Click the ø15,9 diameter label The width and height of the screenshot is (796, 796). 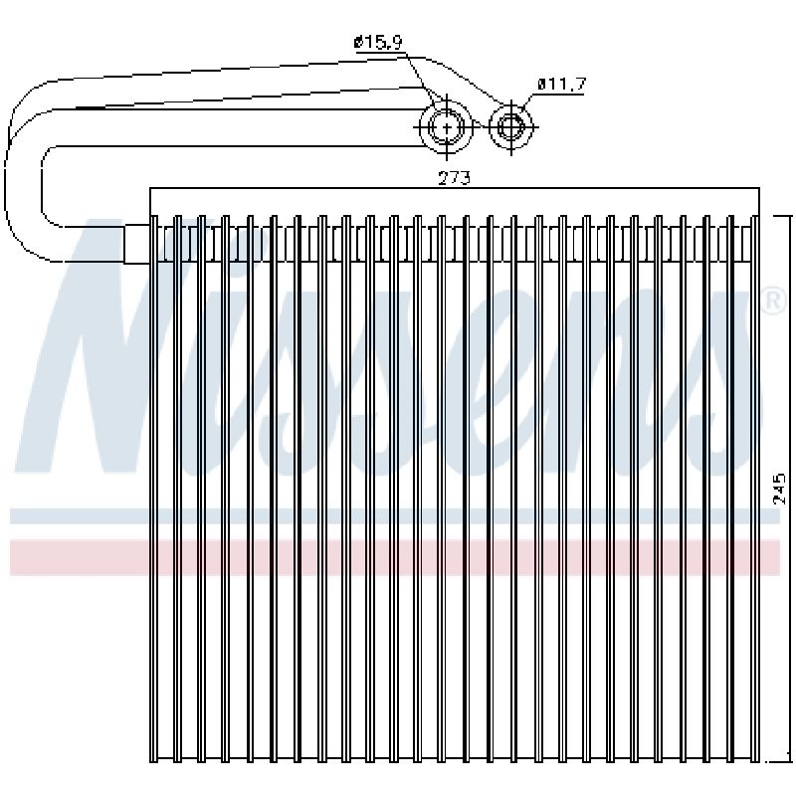[379, 42]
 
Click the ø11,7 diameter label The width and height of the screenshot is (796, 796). [562, 84]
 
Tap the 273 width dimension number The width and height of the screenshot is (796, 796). [455, 178]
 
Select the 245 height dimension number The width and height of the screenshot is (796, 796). [779, 489]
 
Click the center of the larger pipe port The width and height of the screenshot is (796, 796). [446, 127]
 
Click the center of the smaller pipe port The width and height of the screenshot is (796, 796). [510, 126]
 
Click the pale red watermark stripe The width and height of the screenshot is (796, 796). [394, 557]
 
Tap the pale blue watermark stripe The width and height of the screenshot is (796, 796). [394, 515]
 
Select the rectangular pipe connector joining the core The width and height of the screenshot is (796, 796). [137, 245]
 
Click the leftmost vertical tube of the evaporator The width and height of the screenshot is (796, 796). [154, 489]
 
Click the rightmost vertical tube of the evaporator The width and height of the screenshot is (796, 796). [755, 489]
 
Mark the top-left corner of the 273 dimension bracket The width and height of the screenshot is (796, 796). [150, 188]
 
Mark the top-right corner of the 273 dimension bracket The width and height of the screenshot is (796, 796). [759, 188]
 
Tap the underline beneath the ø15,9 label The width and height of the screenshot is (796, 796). [380, 52]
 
